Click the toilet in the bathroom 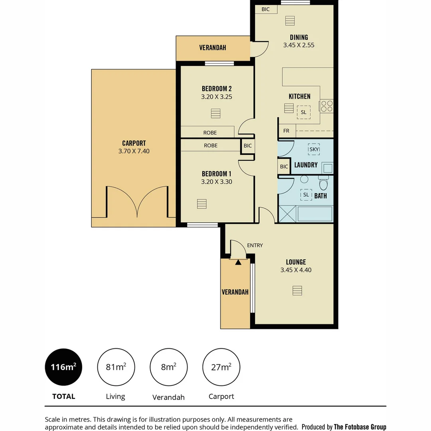[323, 183]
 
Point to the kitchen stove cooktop [327, 106]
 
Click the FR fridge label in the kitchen [286, 131]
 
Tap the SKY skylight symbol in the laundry [314, 150]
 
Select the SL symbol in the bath [306, 195]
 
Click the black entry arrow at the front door [238, 262]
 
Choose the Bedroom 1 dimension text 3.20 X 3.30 [217, 182]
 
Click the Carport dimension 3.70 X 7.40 [134, 151]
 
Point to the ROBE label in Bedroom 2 [210, 132]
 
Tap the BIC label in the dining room [265, 9]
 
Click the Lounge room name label [296, 262]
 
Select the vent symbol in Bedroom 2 [215, 113]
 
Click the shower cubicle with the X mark [287, 214]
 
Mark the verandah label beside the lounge [235, 292]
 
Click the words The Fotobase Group [360, 427]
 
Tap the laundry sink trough [328, 167]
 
